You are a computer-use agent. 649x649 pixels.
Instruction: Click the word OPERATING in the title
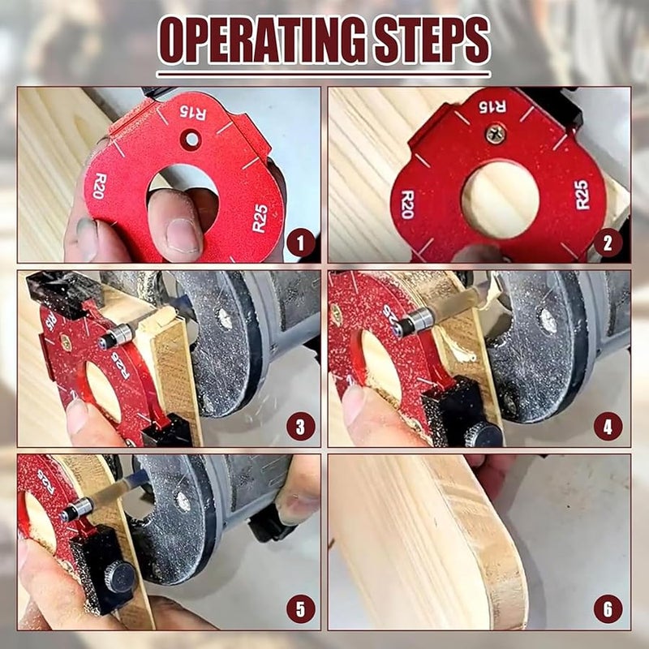[260, 41]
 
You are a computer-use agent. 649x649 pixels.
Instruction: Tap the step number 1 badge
[300, 242]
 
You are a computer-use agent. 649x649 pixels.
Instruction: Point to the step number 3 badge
[300, 426]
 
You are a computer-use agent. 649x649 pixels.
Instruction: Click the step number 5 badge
[300, 608]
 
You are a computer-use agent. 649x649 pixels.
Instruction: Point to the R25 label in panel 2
[581, 195]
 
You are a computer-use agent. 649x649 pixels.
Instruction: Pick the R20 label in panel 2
[407, 204]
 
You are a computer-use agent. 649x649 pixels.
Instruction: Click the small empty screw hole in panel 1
[191, 140]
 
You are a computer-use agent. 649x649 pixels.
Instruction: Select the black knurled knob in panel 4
[485, 435]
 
